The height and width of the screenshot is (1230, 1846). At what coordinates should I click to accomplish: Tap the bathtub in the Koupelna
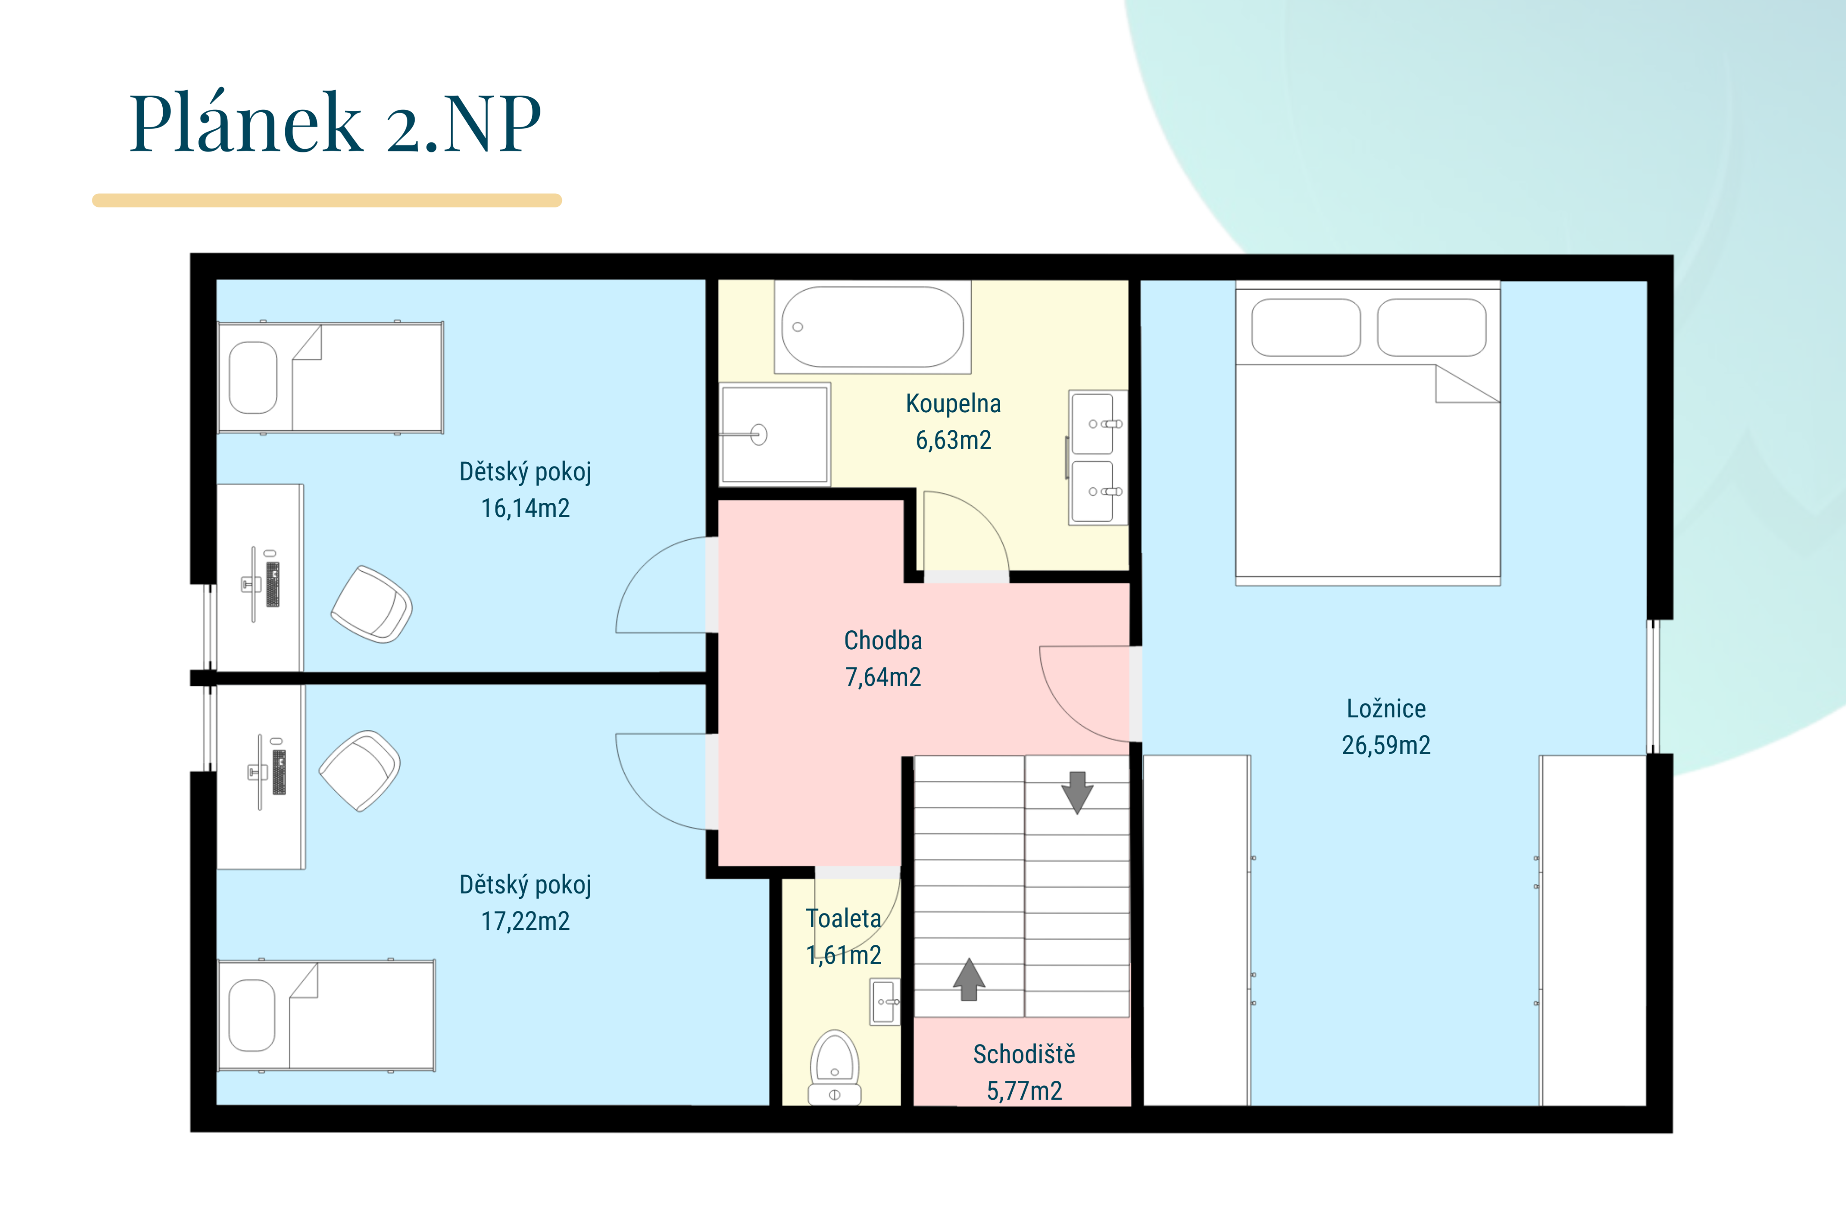(873, 326)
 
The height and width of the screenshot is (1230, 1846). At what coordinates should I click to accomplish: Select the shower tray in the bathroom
(774, 434)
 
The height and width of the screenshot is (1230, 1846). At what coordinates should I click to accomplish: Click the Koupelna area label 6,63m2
(953, 440)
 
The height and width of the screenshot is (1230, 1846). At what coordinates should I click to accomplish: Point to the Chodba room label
(882, 640)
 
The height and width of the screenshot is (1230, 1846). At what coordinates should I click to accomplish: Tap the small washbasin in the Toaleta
(885, 1002)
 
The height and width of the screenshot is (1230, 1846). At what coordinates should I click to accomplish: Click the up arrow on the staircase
(969, 979)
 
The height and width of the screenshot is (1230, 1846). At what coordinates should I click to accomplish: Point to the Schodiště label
(1024, 1054)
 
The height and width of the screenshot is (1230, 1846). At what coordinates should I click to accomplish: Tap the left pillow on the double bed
(1306, 327)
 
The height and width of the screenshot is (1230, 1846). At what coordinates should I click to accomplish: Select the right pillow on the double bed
(1432, 327)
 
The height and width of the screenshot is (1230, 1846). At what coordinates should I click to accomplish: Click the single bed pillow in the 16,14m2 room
(253, 377)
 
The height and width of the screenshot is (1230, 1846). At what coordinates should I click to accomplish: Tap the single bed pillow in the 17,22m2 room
(252, 1015)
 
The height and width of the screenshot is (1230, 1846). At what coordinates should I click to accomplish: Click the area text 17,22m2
(525, 921)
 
